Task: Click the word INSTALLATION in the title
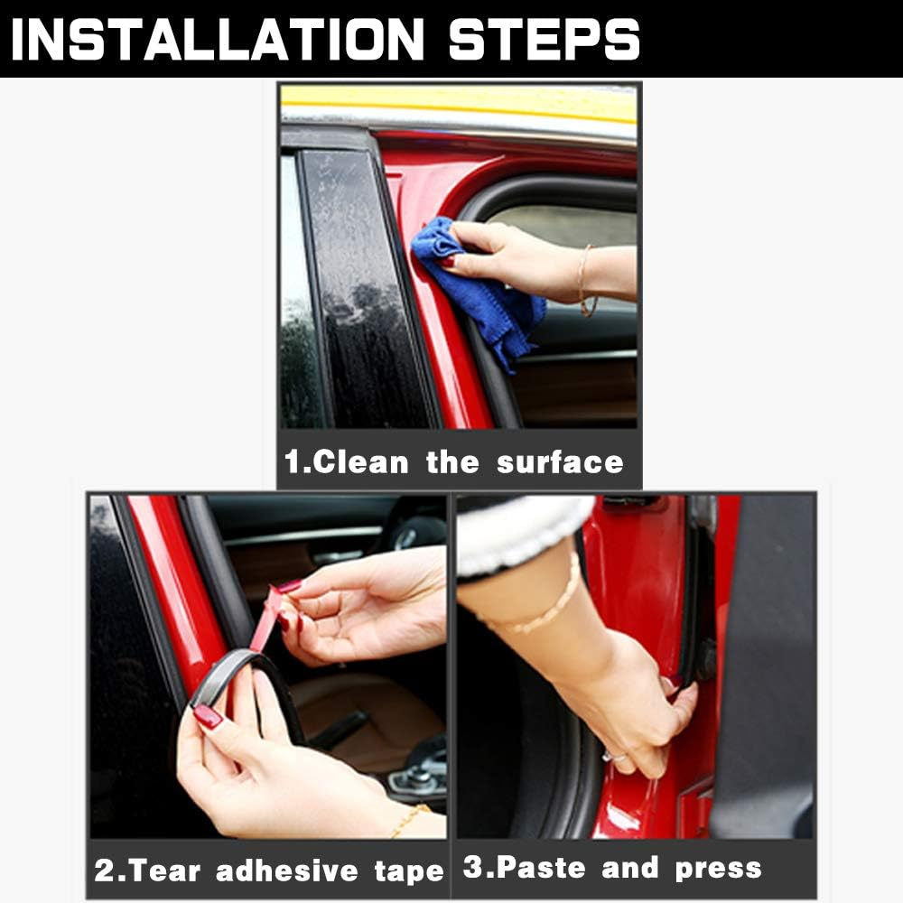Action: click(x=217, y=39)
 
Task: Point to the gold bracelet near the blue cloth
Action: click(x=584, y=280)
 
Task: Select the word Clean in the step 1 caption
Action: click(x=360, y=462)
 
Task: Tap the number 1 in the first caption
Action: click(x=293, y=462)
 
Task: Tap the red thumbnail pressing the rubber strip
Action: click(x=208, y=716)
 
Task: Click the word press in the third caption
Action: click(x=718, y=869)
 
